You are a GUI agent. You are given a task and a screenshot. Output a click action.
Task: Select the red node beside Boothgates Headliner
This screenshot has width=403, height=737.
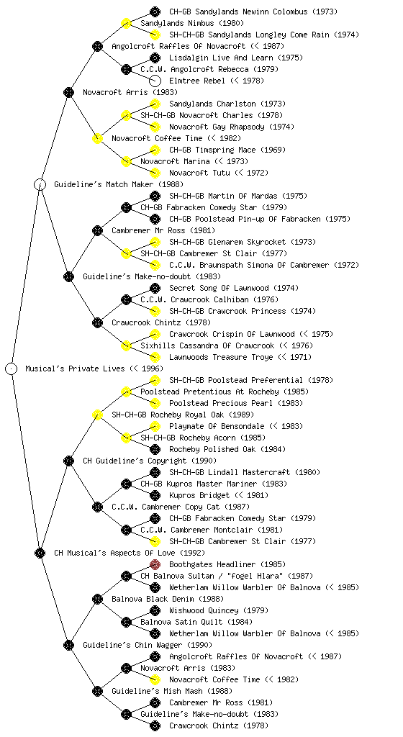[x=155, y=564]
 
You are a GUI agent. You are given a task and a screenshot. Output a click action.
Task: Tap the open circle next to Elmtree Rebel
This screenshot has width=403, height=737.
[x=155, y=81]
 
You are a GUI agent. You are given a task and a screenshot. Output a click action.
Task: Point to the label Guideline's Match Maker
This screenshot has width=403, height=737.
[x=104, y=184]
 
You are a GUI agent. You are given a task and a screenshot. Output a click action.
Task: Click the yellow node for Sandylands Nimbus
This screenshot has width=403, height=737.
[x=126, y=23]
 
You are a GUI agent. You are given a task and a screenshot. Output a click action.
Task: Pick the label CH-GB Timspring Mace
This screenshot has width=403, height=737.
[x=212, y=150]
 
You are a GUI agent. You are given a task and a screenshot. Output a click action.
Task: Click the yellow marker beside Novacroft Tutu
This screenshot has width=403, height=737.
[x=155, y=173]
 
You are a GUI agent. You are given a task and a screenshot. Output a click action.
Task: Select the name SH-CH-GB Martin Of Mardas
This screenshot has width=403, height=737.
[x=223, y=196]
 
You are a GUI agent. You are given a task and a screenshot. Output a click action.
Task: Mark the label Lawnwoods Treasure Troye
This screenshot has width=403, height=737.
[x=221, y=357]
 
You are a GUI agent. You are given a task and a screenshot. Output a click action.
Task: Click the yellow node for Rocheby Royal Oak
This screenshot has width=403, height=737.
[x=97, y=415]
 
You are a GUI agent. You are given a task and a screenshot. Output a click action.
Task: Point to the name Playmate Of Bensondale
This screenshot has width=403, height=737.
[x=217, y=426]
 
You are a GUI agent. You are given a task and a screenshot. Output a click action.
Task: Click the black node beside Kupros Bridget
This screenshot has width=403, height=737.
[x=155, y=495]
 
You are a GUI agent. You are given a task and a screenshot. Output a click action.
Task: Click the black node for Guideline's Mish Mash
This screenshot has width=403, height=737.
[x=97, y=691]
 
